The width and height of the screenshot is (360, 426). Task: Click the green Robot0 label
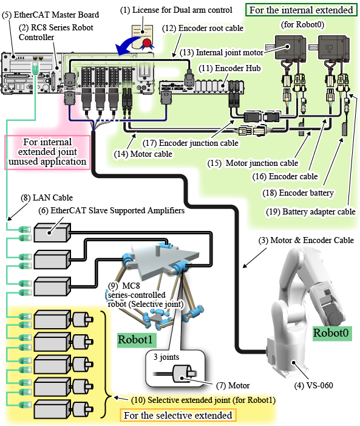[332, 333]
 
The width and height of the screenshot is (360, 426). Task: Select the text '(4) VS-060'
[314, 385]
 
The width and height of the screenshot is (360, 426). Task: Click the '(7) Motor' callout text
[233, 385]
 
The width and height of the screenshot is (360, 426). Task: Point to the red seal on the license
[147, 43]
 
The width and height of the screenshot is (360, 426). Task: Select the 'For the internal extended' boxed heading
[301, 10]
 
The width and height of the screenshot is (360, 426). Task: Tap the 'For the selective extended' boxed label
[178, 416]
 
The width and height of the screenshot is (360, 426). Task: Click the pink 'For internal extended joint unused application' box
[47, 152]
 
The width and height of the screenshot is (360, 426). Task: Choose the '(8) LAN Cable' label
[47, 198]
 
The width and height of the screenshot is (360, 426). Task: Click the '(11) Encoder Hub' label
[229, 68]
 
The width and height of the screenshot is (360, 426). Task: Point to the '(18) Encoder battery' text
[298, 193]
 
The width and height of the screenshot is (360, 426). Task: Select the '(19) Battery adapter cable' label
[311, 211]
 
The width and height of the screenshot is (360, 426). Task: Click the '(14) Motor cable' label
[143, 154]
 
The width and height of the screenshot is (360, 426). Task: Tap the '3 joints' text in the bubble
[166, 357]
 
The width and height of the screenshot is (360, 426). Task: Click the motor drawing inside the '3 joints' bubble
[185, 374]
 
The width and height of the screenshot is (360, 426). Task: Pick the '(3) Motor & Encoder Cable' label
[306, 240]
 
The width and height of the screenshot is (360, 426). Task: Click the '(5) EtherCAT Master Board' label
[50, 15]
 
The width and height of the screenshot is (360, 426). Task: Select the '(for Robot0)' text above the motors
[302, 25]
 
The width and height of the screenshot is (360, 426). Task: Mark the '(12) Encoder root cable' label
[203, 28]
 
